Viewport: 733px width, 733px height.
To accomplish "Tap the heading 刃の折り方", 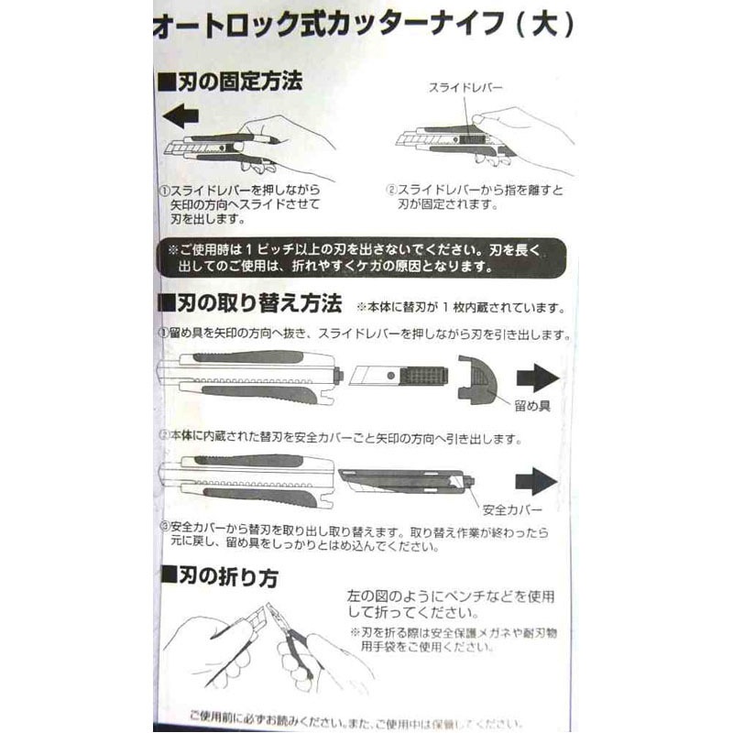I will point(228,576).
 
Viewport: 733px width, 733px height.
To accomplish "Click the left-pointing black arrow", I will point(178,116).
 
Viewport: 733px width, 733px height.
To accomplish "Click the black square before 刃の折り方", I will point(168,577).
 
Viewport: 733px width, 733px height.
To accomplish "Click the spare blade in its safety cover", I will point(403,479).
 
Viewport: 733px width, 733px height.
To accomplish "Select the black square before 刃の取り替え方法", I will point(168,302).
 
